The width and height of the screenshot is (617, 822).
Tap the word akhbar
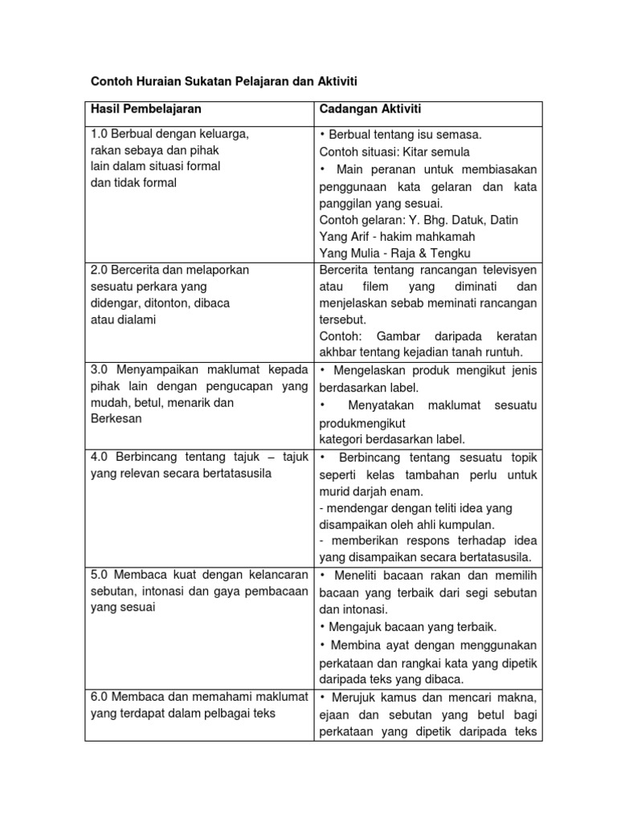coord(337,352)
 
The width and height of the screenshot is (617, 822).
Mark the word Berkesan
coord(116,418)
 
